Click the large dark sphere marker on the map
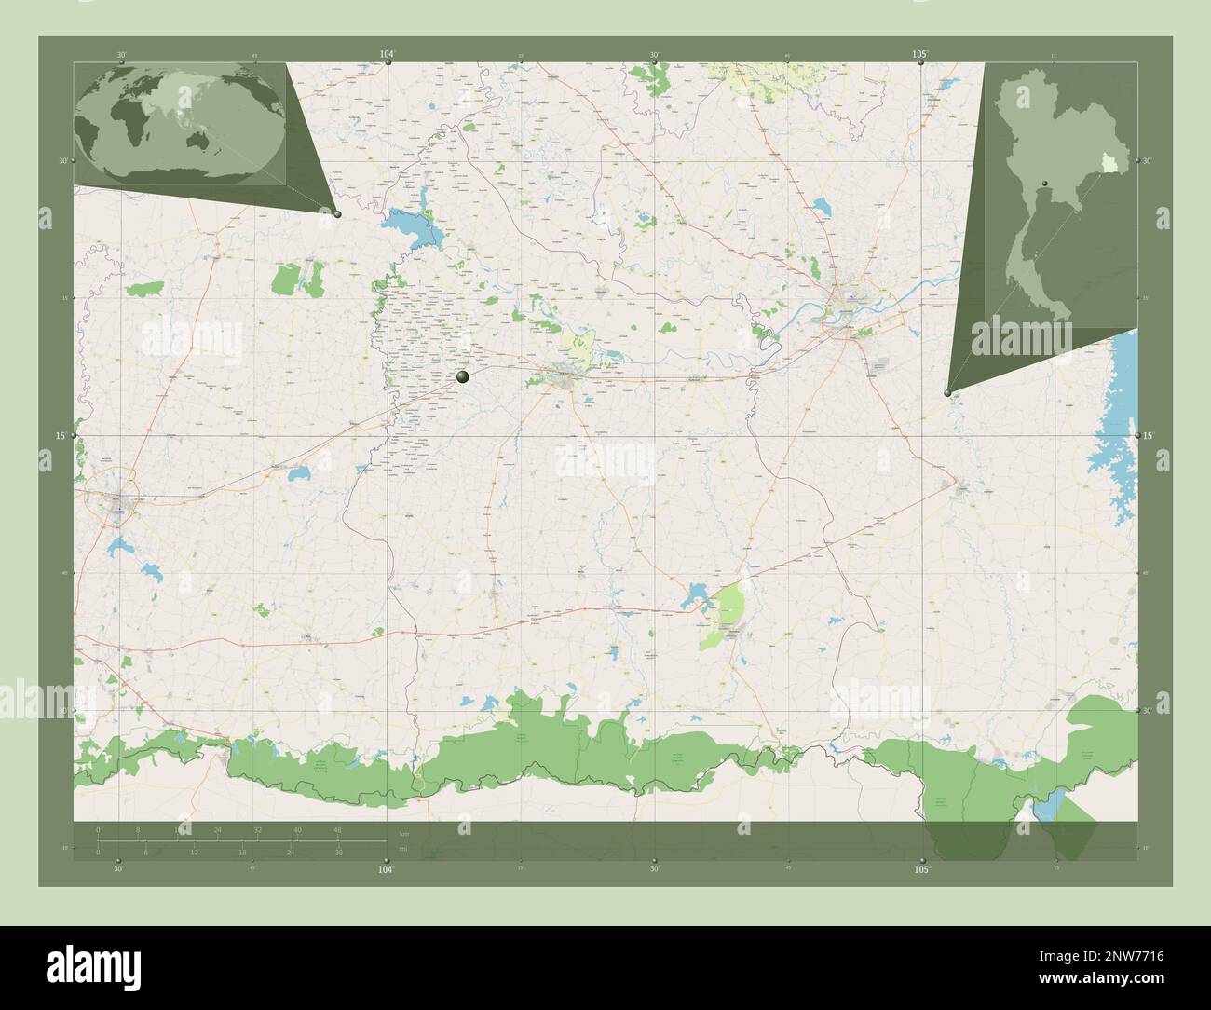464,376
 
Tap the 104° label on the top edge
387,55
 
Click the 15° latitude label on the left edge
61,436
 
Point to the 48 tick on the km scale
337,829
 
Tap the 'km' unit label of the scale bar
403,833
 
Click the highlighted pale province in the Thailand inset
1109,163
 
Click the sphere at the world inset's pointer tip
337,214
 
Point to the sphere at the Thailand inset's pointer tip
947,393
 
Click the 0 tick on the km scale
98,829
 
